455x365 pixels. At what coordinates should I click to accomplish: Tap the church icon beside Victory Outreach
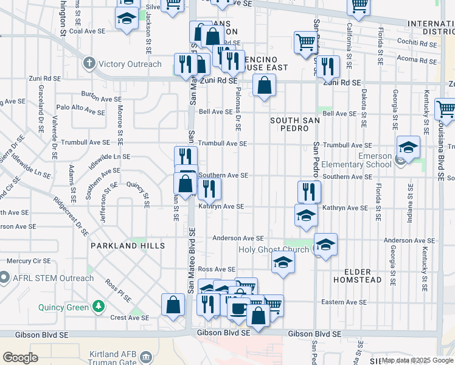tap(89, 63)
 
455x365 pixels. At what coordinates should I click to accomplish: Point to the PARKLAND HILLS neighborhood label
tap(128, 246)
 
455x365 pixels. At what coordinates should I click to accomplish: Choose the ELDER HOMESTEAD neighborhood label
tap(363, 276)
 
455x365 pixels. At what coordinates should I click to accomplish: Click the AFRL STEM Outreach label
tap(54, 279)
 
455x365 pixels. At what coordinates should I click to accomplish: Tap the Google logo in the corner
tap(21, 358)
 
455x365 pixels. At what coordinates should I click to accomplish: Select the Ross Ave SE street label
tap(217, 269)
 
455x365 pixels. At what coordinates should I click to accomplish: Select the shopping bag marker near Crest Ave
tap(173, 305)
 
